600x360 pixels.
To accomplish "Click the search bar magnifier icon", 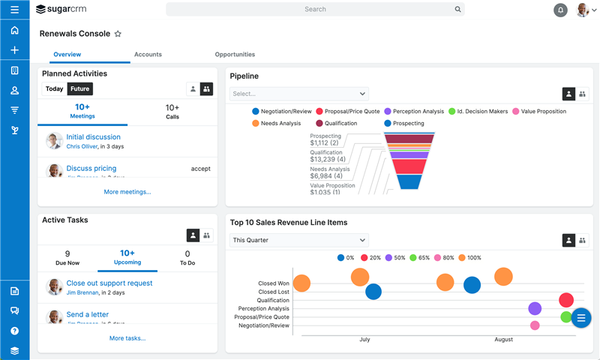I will coord(457,10).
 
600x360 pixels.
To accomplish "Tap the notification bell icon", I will coord(560,10).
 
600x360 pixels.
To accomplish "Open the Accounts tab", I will coord(148,55).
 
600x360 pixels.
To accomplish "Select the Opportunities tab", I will coord(235,55).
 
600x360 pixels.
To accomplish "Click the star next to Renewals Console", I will coord(118,34).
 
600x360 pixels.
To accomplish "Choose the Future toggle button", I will coord(79,89).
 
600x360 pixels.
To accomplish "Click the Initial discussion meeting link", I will coord(93,137).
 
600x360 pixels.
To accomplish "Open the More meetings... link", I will coord(127,192).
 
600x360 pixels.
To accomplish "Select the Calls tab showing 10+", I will coord(172,112).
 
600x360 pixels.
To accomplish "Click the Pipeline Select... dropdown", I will coord(298,94).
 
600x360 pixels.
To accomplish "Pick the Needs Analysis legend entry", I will coord(276,124).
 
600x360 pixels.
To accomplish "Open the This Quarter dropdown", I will coord(298,241).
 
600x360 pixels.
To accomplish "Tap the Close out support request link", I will coord(109,283).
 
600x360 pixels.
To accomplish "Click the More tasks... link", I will coord(127,338).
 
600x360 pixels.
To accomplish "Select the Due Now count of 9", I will coord(67,258).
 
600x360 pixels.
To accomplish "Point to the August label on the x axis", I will coord(503,340).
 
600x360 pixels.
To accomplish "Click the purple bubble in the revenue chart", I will coord(535,308).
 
